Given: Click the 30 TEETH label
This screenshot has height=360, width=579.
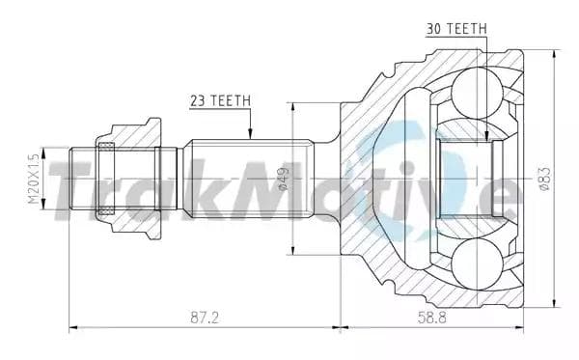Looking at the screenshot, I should (455, 29).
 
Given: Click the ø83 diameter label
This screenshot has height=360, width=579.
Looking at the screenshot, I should (544, 180).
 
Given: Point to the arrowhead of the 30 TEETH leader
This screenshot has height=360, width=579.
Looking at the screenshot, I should (487, 141).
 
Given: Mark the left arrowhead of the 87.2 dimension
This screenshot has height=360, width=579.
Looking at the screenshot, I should (73, 328).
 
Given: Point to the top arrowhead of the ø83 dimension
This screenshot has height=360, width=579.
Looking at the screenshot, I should (555, 54).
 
